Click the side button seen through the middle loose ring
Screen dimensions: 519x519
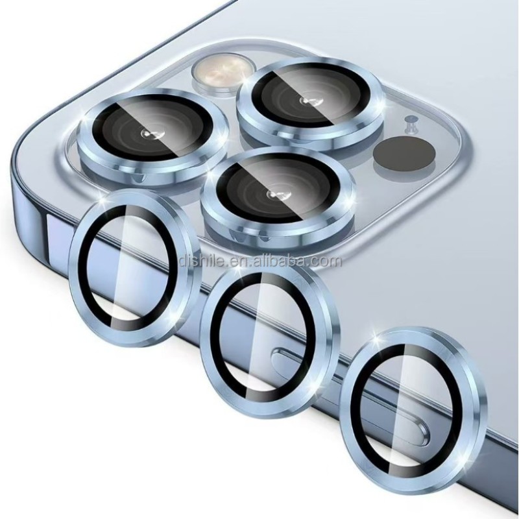[285, 356]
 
